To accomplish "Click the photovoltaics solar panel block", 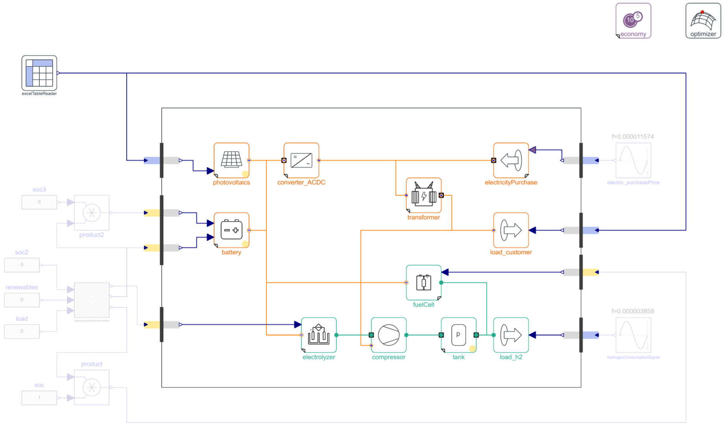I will point(231,160).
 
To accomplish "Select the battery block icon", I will point(231,230).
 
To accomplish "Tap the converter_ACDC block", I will point(301,160).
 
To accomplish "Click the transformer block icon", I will point(423,195).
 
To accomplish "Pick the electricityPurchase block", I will point(511,160).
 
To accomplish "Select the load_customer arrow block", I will point(511,230).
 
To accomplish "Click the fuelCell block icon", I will point(423,282).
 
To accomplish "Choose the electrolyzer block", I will point(319,335).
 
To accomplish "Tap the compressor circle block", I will point(388,335).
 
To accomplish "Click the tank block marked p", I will point(458,335).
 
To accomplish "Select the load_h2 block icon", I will point(511,335).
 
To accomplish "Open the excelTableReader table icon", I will point(39,73).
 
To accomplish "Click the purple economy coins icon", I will point(633,20).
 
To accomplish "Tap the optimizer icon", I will point(703,20).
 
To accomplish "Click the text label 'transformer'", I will point(423,218).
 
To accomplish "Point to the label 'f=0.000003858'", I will point(632,311).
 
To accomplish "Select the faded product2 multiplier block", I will point(92,213).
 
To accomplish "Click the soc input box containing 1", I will point(39,398).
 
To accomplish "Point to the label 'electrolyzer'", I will point(319,357).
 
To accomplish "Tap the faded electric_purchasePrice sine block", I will point(633,160).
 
